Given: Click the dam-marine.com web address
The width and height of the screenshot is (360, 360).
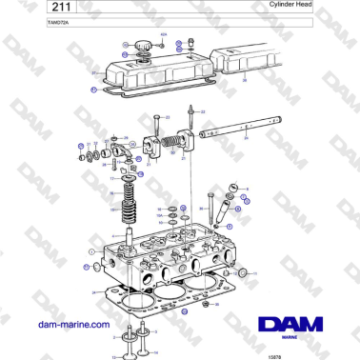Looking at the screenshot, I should click(72, 324).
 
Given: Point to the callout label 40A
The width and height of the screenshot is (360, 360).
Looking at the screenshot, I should click(163, 33).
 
